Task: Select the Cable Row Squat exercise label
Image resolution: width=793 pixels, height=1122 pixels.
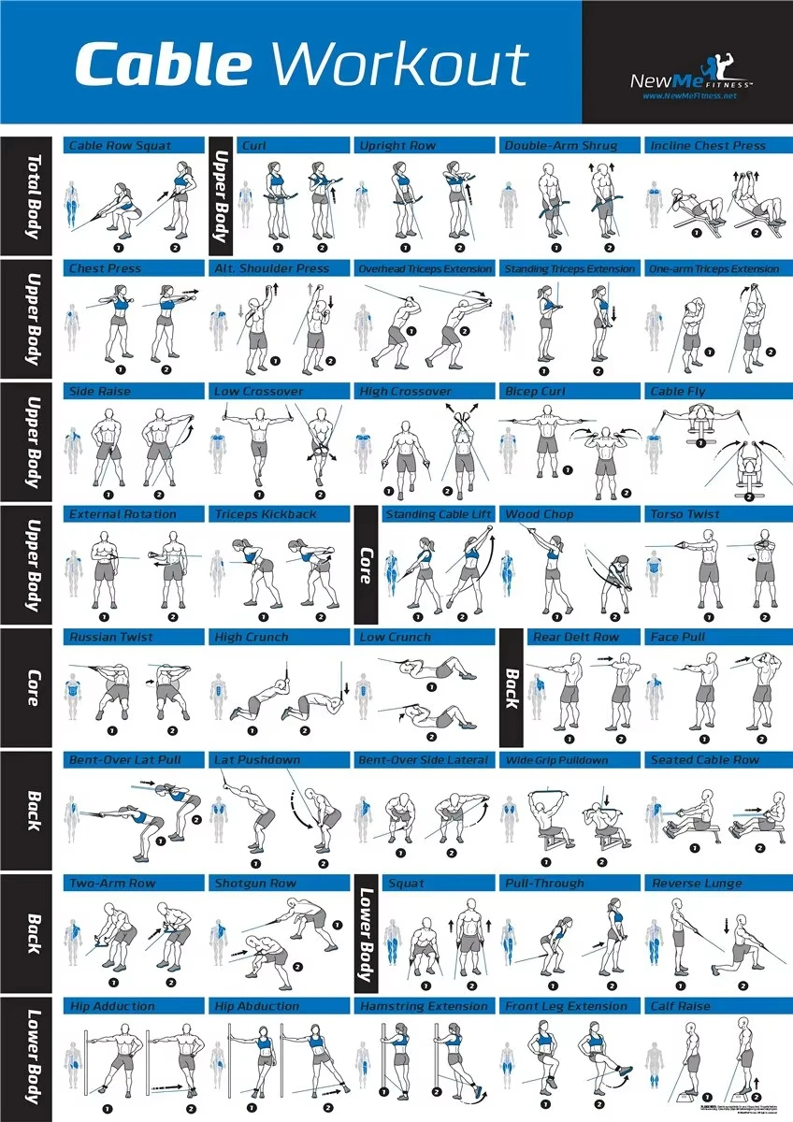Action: pos(120,146)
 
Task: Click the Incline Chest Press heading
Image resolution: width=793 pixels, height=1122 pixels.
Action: pos(707,146)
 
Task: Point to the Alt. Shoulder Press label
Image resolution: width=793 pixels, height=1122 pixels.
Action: pos(271,269)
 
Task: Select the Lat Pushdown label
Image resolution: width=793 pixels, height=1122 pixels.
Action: pos(257,760)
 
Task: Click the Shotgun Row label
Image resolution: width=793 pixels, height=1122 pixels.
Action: pos(255,884)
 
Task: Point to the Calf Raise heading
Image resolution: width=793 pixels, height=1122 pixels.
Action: pos(680,1006)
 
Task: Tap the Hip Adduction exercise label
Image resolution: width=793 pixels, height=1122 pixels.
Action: pos(112,1006)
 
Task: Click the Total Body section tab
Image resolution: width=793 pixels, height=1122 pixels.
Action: pos(32,196)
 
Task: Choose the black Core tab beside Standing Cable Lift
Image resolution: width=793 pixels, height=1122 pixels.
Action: pos(366,565)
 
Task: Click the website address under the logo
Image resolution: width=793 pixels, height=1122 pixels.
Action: pos(689,96)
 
